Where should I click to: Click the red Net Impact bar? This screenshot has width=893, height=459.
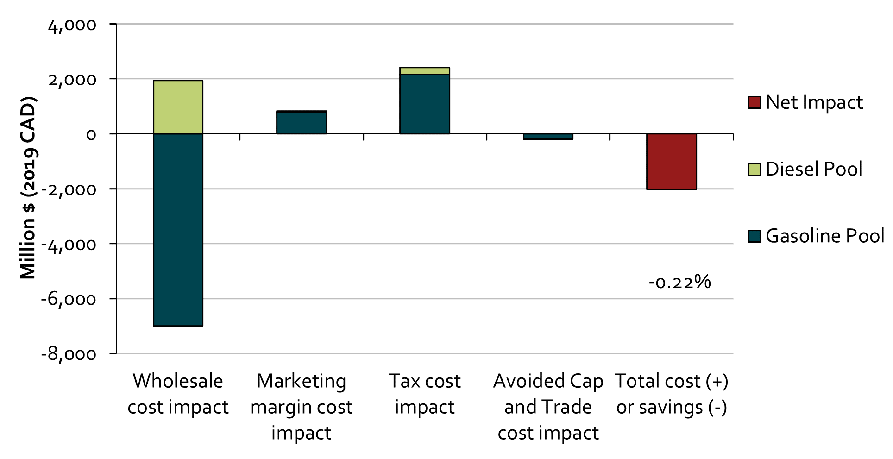click(x=672, y=161)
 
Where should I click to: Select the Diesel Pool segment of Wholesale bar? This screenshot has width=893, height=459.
click(x=178, y=107)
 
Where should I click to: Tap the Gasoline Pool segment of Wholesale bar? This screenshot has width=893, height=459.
click(x=178, y=229)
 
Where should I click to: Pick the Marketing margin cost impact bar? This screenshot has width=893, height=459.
click(x=302, y=123)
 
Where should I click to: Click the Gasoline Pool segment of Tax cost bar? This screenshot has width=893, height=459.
click(x=425, y=104)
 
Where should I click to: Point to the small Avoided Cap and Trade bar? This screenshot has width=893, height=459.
click(x=548, y=137)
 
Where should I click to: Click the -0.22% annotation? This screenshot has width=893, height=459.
click(x=679, y=282)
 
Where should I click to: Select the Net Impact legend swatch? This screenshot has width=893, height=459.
click(x=755, y=102)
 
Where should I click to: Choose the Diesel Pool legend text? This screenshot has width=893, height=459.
click(x=814, y=169)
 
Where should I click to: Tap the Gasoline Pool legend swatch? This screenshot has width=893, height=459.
click(x=755, y=236)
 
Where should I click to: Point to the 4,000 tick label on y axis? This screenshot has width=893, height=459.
click(x=73, y=25)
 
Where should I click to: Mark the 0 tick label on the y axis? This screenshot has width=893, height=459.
click(x=91, y=134)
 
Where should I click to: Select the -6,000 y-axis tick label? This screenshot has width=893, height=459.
click(x=69, y=299)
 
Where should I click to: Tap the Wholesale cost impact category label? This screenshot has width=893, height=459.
click(x=178, y=394)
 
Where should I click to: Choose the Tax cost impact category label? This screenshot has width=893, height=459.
click(x=425, y=394)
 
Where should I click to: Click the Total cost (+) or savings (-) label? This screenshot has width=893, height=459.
click(x=672, y=394)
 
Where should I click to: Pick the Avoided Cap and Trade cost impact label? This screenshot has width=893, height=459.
click(x=548, y=407)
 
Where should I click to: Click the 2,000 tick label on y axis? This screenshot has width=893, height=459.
click(x=73, y=79)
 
